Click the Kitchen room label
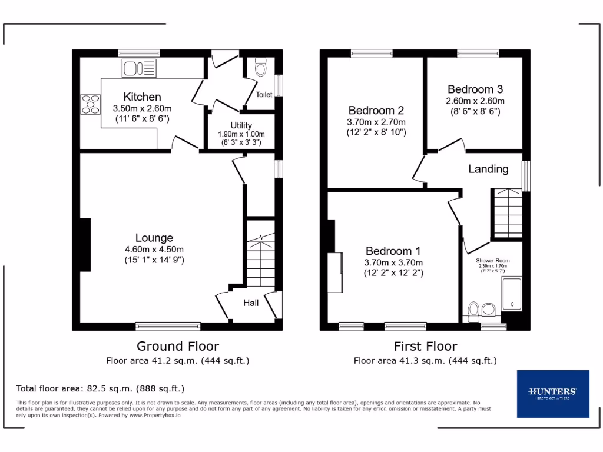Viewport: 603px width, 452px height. tap(142, 97)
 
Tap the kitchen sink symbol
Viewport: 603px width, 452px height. tap(140, 68)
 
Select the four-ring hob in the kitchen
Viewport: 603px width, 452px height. tap(91, 104)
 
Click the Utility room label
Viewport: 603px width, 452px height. tap(241, 125)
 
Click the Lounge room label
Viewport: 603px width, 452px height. tap(154, 238)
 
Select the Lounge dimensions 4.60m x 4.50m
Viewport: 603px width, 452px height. tap(154, 249)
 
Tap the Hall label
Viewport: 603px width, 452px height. tap(251, 303)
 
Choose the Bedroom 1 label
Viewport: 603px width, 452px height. tap(393, 251)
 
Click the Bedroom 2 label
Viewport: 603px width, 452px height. tap(376, 111)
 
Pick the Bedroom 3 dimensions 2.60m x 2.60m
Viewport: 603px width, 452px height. tap(475, 101)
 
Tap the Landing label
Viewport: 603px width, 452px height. tap(488, 169)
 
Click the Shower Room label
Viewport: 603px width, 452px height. tap(493, 260)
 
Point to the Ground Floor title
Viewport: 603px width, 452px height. tap(178, 346)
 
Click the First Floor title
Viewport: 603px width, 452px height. tap(425, 346)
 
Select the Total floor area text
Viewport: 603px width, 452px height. tap(100, 388)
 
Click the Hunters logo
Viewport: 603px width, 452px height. tap(552, 393)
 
